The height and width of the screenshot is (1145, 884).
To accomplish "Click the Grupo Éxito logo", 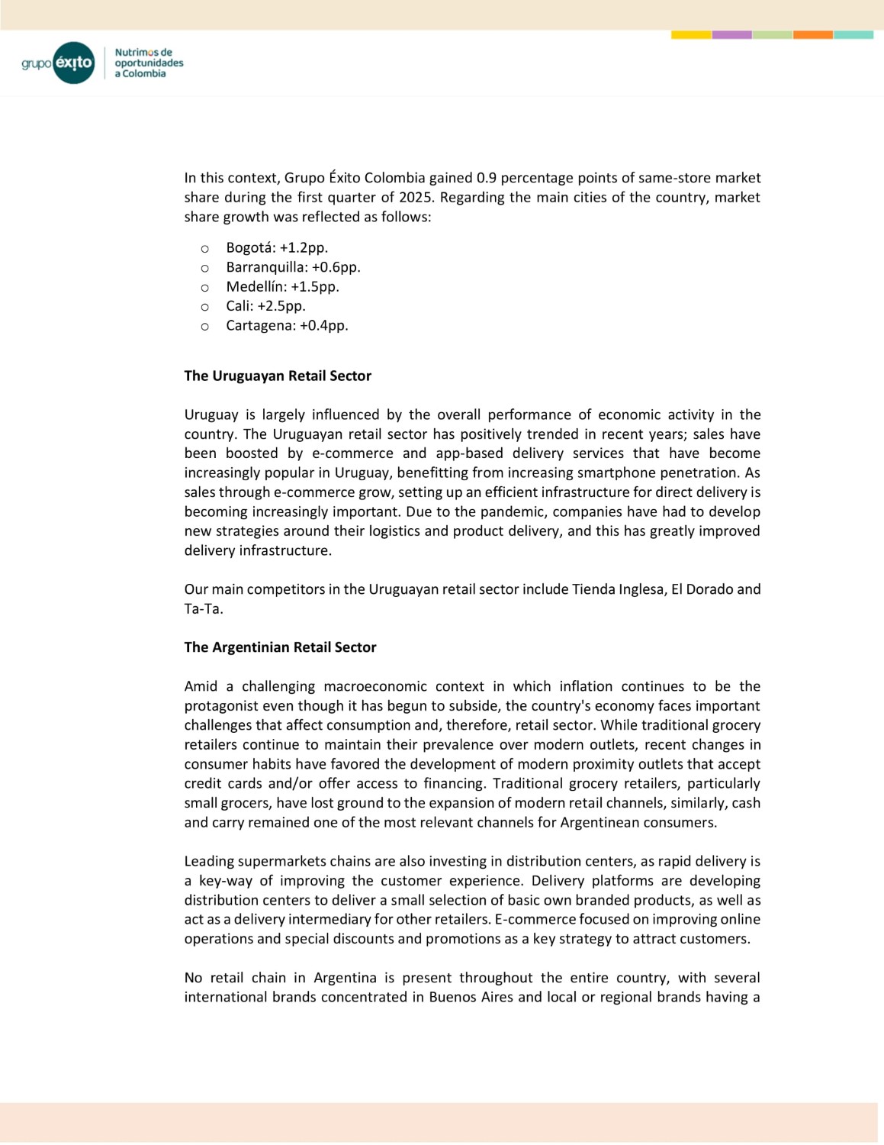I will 58,63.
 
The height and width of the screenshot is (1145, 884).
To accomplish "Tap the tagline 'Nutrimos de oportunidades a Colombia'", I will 149,63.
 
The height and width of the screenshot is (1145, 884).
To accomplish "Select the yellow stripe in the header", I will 691,34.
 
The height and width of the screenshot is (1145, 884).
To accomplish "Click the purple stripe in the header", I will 731,34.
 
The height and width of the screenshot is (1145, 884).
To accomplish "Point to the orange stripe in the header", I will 812,34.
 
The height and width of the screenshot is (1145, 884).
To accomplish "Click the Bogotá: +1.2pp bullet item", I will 277,247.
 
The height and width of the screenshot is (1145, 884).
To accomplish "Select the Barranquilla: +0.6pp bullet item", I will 293,267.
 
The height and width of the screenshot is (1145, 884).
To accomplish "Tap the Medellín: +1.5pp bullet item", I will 282,286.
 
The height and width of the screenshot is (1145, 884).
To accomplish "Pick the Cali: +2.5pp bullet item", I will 265,306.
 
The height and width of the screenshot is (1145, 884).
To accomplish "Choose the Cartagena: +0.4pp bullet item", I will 287,325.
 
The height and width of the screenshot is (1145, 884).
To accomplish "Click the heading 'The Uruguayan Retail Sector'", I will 278,376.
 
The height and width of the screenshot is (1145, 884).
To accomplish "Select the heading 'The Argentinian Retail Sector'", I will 280,647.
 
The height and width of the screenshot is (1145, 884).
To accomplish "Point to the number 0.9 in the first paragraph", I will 487,178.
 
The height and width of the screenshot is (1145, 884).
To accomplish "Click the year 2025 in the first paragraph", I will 416,197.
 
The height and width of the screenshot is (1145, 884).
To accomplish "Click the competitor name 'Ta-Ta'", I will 202,609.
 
